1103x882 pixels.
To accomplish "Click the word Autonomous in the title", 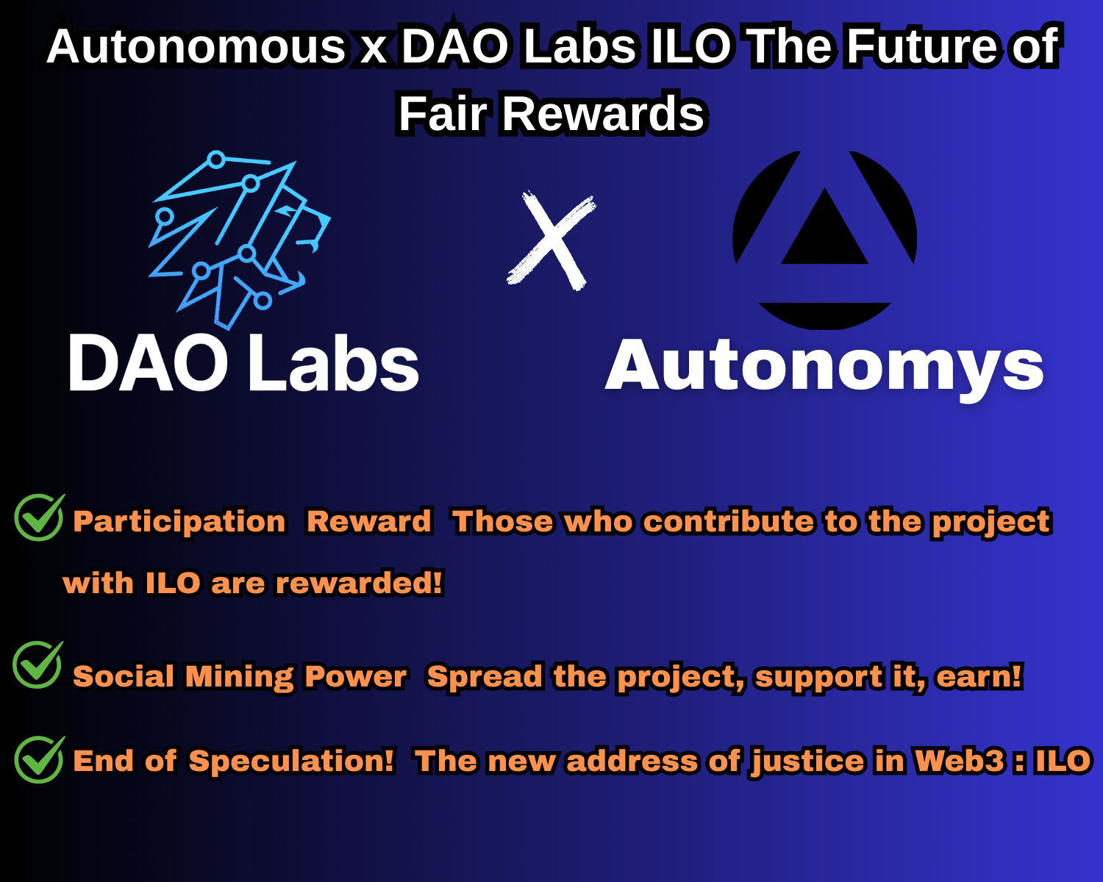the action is [196, 47].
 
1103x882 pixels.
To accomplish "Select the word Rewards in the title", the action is [603, 114].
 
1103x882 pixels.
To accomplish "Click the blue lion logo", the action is [240, 240].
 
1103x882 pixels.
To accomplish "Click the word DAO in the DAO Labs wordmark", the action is [148, 363].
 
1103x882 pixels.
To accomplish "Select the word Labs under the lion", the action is [334, 363].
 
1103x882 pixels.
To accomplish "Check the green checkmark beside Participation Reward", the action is [39, 517].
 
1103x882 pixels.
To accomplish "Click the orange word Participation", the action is [179, 523].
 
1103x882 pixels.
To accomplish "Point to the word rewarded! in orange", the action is [359, 583].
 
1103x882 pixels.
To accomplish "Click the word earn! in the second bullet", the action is [979, 676].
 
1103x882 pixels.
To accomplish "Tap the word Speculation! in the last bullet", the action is [292, 761].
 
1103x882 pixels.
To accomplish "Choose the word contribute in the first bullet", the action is [728, 522].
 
